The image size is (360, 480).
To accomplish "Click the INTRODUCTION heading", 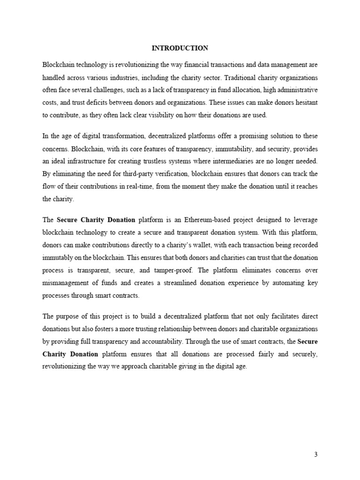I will click(180, 48).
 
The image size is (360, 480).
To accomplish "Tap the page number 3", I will click(316, 454).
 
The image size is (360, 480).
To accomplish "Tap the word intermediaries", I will click(237, 162).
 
